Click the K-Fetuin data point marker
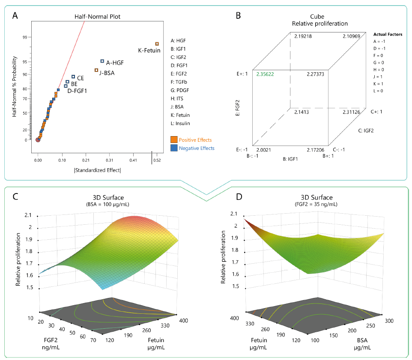point(157,44)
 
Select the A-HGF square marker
point(102,61)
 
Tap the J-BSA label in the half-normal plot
point(107,73)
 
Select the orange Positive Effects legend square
point(174,140)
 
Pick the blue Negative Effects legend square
point(174,148)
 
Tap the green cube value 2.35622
point(265,74)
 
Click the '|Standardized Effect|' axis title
point(97,171)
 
